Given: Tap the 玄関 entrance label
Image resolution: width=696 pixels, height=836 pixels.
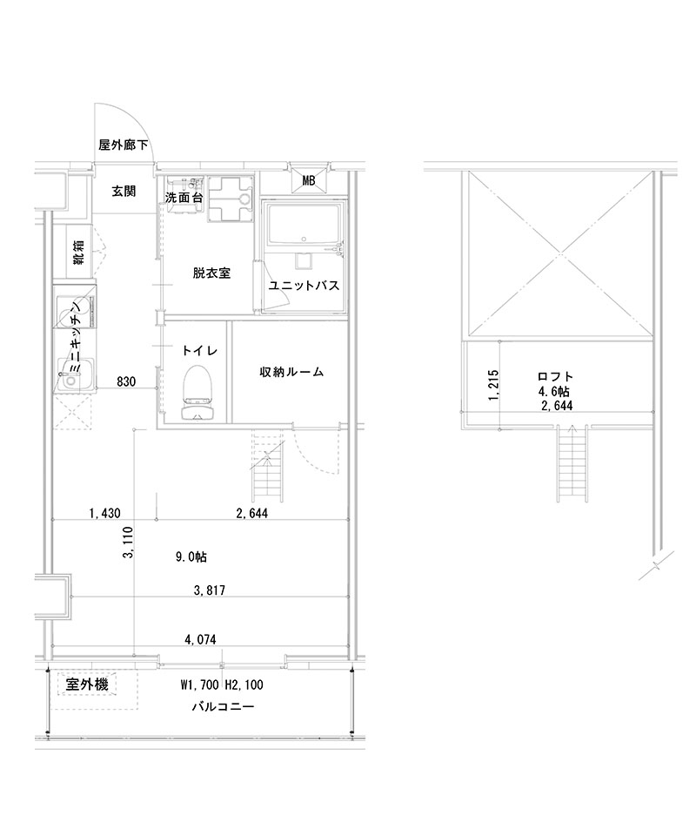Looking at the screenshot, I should pyautogui.click(x=123, y=191).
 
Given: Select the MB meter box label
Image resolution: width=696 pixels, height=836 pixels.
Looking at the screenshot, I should pyautogui.click(x=309, y=181).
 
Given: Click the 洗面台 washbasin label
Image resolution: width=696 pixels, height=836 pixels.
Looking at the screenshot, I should pyautogui.click(x=184, y=199).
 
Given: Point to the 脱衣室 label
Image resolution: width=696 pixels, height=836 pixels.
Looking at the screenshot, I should pyautogui.click(x=211, y=273).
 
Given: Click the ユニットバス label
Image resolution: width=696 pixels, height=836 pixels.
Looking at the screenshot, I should pyautogui.click(x=304, y=286).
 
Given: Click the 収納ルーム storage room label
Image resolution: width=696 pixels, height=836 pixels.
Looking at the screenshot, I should pyautogui.click(x=291, y=372).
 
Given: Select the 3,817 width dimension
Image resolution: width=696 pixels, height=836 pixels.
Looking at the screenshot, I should pyautogui.click(x=210, y=590).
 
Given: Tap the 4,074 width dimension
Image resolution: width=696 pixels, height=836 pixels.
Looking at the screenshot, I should pyautogui.click(x=200, y=639).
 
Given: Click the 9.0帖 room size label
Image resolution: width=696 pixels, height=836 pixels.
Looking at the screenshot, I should pyautogui.click(x=191, y=556).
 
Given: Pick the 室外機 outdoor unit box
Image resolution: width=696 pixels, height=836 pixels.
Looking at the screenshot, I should pyautogui.click(x=87, y=685).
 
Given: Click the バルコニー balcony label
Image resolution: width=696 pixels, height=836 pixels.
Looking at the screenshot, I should pyautogui.click(x=223, y=707).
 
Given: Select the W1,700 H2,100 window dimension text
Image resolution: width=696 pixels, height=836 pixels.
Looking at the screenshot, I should pyautogui.click(x=222, y=685).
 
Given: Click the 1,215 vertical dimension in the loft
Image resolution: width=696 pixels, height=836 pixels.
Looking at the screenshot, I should pyautogui.click(x=494, y=384).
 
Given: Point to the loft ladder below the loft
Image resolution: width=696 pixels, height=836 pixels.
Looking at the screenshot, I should pyautogui.click(x=571, y=466).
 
